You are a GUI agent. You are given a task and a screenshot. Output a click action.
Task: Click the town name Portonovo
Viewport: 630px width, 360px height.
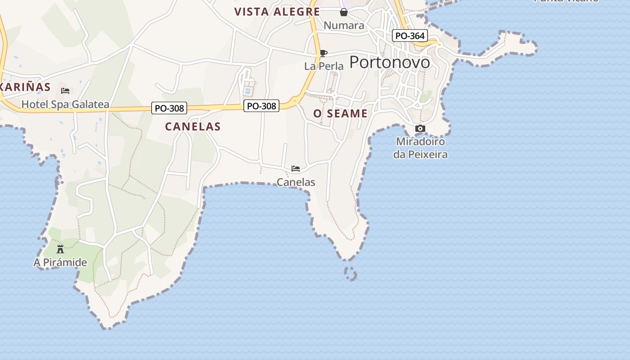pos(390,62)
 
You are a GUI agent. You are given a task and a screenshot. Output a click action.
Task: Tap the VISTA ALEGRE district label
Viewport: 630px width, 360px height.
pos(277,12)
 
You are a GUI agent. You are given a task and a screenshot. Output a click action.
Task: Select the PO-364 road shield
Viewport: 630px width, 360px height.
pos(409,36)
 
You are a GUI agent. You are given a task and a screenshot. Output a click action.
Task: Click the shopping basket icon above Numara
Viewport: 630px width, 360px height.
pos(344,12)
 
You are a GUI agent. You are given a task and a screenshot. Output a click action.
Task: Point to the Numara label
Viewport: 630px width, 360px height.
pos(344,25)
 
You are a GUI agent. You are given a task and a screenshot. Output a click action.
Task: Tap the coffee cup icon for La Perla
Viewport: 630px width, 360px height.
pos(323,54)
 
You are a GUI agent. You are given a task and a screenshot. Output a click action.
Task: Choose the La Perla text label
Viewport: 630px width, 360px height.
pos(324,66)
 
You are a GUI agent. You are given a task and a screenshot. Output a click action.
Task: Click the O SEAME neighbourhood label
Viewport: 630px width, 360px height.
pos(341,114)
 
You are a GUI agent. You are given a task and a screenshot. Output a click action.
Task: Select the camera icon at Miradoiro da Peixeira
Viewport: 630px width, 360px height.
pos(420,129)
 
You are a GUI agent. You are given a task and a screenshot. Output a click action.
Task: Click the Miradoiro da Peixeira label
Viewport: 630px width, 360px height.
pos(420,148)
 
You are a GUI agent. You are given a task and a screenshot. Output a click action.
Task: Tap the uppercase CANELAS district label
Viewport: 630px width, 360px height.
pos(193,126)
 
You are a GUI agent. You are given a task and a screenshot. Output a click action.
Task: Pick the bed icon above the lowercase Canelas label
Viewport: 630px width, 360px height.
pos(296,169)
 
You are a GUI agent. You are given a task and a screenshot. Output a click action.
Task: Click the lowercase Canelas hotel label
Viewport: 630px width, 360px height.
pos(296,182)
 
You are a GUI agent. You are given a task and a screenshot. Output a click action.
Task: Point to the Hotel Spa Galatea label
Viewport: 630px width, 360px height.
pos(65,105)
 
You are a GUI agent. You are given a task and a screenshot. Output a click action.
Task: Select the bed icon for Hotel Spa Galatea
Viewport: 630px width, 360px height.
pos(65,91)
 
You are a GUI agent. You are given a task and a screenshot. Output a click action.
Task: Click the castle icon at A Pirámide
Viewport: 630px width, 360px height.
pos(60,249)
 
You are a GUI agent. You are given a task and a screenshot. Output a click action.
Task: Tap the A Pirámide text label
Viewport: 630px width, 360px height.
pos(60,262)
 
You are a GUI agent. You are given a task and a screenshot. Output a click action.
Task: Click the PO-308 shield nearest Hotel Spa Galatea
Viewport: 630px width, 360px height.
pos(169,108)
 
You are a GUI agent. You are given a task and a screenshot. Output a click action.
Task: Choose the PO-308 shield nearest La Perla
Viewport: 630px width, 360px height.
pos(261,106)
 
